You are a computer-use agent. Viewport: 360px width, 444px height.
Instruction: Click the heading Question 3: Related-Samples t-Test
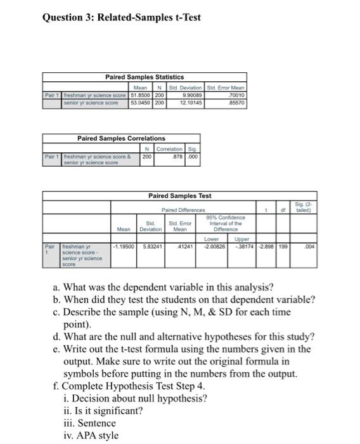click(x=121, y=17)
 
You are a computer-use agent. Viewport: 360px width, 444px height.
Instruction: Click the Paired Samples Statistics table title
click(x=144, y=77)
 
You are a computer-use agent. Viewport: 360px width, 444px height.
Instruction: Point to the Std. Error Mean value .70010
click(x=236, y=95)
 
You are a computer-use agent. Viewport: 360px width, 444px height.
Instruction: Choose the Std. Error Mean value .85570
click(x=236, y=102)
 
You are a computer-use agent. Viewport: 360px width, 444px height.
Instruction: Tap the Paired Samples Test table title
click(x=180, y=196)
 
